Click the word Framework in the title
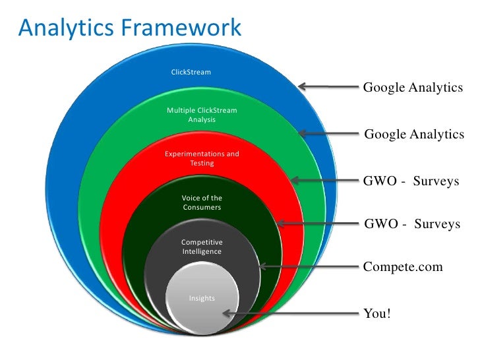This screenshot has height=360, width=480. pyautogui.click(x=185, y=28)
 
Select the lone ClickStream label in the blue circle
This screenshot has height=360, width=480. pyautogui.click(x=191, y=71)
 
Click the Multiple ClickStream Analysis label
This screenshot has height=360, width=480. pyautogui.click(x=201, y=115)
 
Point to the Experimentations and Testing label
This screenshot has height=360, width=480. pyautogui.click(x=202, y=158)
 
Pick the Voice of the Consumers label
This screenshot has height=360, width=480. pyautogui.click(x=202, y=202)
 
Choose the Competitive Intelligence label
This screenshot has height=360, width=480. pyautogui.click(x=202, y=247)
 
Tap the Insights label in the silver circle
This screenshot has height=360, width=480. pyautogui.click(x=202, y=298)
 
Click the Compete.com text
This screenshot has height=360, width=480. pyautogui.click(x=403, y=267)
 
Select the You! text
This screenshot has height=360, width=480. pyautogui.click(x=377, y=313)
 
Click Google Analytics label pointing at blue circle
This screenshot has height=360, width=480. pyautogui.click(x=413, y=88)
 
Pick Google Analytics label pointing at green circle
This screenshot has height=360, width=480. pyautogui.click(x=414, y=135)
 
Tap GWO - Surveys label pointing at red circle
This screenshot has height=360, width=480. pyautogui.click(x=411, y=181)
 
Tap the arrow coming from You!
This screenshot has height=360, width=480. pyautogui.click(x=290, y=314)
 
